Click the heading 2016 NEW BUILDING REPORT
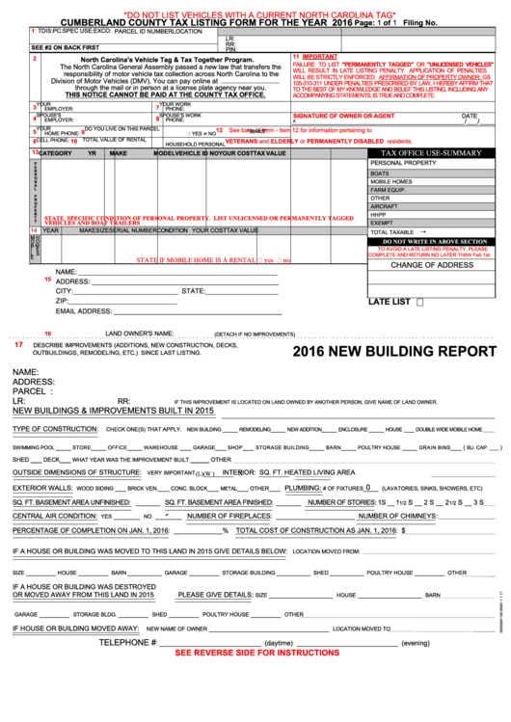click(x=393, y=352)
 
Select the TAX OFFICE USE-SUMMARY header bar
click(x=431, y=152)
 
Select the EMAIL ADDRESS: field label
click(x=90, y=311)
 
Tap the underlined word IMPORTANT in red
click(x=320, y=57)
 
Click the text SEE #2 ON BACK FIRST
click(x=65, y=46)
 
